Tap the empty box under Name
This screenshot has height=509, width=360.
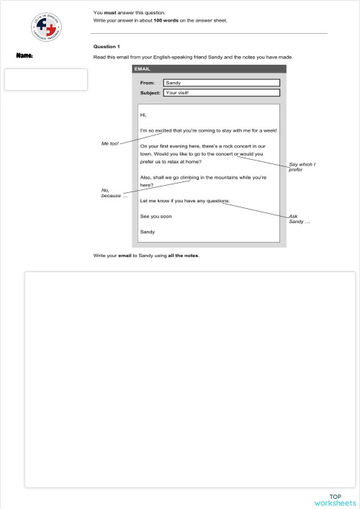pyautogui.click(x=46, y=79)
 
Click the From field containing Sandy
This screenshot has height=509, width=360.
pyautogui.click(x=221, y=83)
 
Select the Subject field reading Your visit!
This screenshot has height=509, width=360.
pyautogui.click(x=221, y=93)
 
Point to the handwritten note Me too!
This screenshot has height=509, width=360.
pyautogui.click(x=110, y=143)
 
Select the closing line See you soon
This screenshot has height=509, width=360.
pyautogui.click(x=156, y=216)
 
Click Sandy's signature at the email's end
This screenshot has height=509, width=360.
pyautogui.click(x=148, y=232)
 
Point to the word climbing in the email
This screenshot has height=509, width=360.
pyautogui.click(x=190, y=177)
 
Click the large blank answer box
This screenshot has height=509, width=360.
pyautogui.click(x=190, y=379)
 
